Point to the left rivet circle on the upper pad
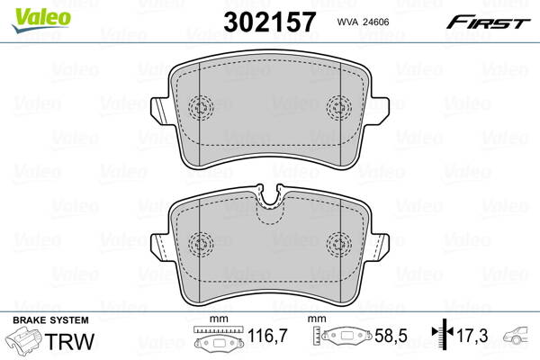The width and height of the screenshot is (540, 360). click(x=201, y=106)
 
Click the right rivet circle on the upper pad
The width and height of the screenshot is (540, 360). click(x=340, y=106)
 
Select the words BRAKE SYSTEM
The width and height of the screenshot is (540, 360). click(x=50, y=320)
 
